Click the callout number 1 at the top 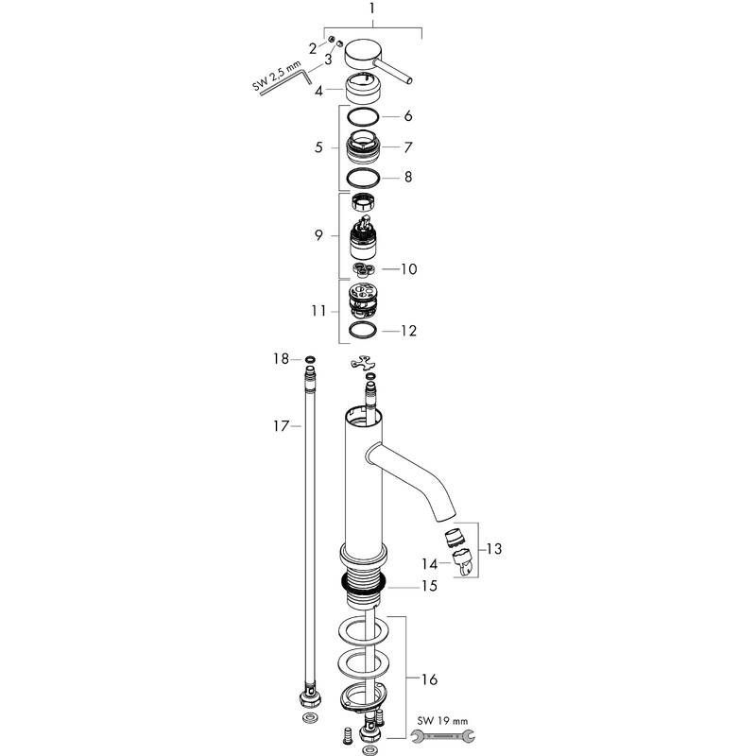(x=373, y=10)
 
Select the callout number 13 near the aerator (x=494, y=548)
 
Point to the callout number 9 (x=319, y=234)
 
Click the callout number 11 (x=318, y=310)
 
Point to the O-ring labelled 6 (x=362, y=116)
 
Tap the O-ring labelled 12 (x=363, y=331)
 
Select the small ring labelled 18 (x=310, y=359)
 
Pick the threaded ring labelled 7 (x=364, y=147)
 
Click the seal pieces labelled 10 (x=363, y=270)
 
